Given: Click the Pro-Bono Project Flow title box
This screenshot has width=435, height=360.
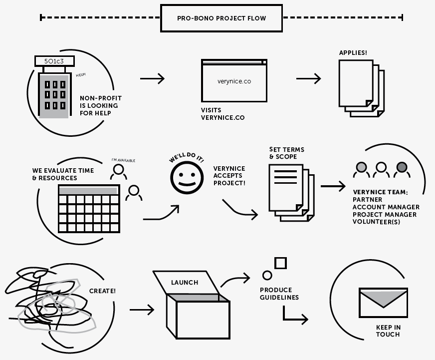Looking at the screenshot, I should [x=221, y=18].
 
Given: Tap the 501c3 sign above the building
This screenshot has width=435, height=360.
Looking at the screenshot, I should [x=54, y=61].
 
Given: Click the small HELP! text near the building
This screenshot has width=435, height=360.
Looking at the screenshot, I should [x=81, y=75].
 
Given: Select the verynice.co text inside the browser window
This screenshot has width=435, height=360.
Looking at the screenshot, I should [x=234, y=81].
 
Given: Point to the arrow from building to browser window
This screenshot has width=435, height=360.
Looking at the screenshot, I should [x=152, y=78].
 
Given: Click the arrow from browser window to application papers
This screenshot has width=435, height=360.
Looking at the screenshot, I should [x=308, y=78].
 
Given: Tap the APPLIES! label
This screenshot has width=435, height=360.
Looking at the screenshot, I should [x=353, y=53].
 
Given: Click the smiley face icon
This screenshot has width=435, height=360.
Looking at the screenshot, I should [x=188, y=178].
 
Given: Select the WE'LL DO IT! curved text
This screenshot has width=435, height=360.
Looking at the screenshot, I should [x=187, y=159].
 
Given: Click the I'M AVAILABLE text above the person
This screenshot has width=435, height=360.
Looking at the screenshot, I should [x=123, y=160].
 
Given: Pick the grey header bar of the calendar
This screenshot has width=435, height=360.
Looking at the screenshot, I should [x=88, y=190].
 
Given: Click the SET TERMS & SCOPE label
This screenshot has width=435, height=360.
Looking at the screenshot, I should [x=286, y=153].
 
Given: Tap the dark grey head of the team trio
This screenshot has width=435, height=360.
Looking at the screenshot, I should [x=402, y=167].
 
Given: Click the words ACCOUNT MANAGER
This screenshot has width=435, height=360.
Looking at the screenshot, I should [x=386, y=207].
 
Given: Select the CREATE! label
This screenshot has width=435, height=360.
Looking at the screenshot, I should [x=102, y=291].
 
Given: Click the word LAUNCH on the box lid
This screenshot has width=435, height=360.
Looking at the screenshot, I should [x=185, y=283].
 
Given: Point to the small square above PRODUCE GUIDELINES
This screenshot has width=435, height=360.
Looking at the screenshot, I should [x=281, y=263].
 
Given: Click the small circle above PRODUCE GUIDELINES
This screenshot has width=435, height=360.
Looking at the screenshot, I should [x=267, y=275].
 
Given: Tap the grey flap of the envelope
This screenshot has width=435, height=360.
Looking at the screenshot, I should [x=384, y=298].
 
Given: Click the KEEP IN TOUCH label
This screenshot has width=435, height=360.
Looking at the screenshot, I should [x=388, y=331].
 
